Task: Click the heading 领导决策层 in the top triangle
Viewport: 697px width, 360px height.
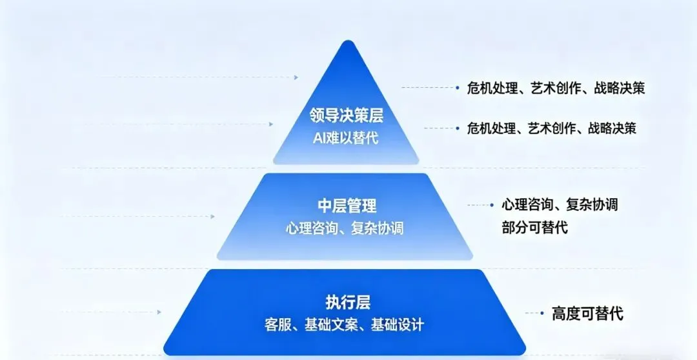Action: point(346,115)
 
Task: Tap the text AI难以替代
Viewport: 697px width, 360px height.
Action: point(346,137)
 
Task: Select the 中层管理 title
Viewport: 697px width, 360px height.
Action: point(347,206)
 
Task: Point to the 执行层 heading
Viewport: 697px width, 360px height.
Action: point(348,302)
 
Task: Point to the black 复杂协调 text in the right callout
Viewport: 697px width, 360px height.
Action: point(592,205)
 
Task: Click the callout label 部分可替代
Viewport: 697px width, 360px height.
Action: point(534,227)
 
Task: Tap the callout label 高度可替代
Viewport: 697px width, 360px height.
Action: point(587,314)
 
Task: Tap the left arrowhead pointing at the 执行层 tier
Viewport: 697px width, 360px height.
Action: point(159,312)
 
